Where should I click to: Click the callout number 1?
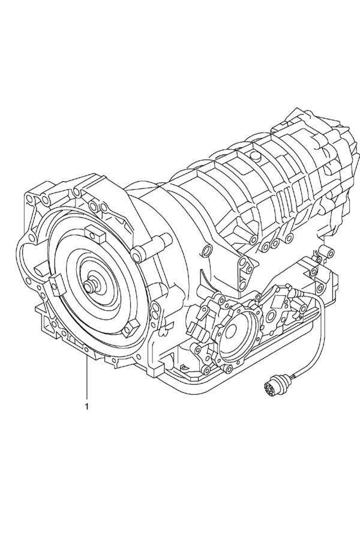86,406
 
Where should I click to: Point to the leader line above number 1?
86,379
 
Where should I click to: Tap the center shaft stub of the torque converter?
91,284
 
